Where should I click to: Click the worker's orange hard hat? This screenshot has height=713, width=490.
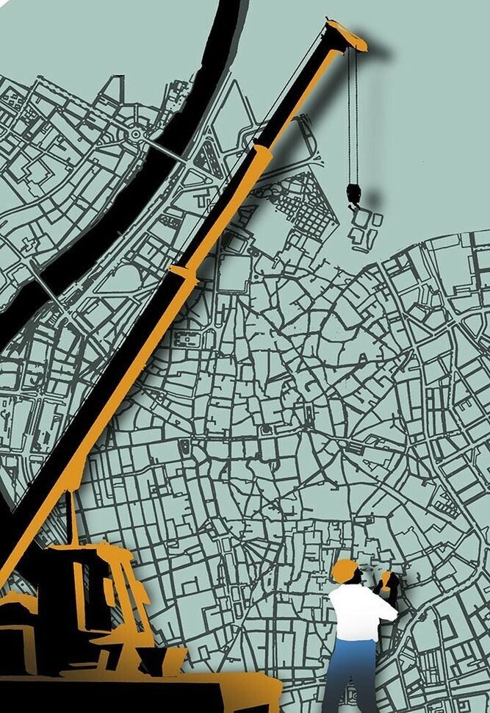(344, 570)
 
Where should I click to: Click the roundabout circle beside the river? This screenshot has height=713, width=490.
(136, 135)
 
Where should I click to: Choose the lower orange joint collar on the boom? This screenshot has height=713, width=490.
(183, 276)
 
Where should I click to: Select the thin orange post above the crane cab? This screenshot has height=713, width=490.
(72, 518)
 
